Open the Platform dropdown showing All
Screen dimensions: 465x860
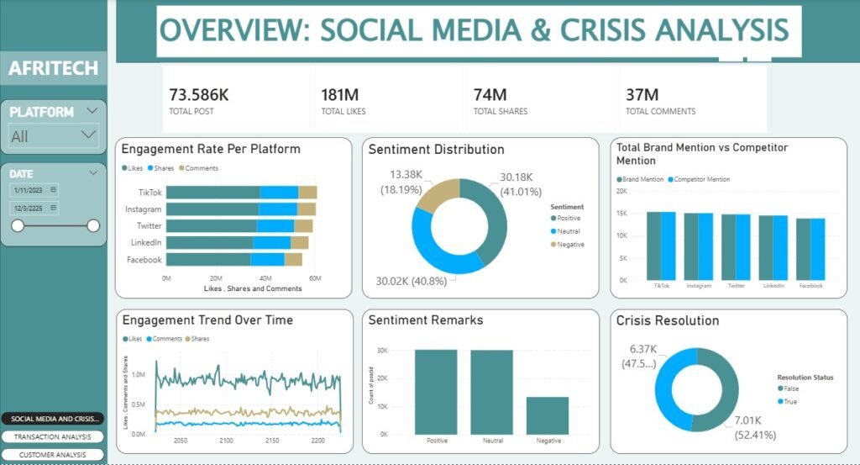(x=54, y=135)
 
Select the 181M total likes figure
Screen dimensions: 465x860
(x=340, y=94)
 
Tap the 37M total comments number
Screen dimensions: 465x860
(x=642, y=94)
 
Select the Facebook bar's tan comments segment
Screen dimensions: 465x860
(x=293, y=260)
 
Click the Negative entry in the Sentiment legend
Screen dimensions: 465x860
(x=570, y=245)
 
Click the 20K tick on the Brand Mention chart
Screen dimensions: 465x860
(x=622, y=191)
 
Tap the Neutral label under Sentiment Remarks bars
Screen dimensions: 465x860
(x=490, y=441)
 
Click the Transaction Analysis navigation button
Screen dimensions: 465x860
(x=53, y=437)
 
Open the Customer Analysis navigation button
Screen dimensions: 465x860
(x=53, y=455)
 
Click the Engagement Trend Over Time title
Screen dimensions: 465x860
(x=207, y=320)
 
